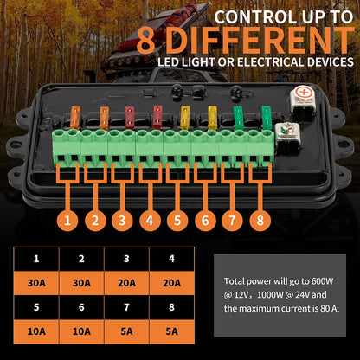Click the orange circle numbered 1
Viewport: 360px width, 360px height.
tap(67, 221)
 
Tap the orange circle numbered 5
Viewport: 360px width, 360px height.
tap(177, 221)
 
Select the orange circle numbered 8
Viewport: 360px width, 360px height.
tap(260, 221)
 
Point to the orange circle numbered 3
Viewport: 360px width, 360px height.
tap(122, 221)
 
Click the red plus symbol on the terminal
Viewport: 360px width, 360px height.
tap(303, 93)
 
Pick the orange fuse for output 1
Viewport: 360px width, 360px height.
tap(75, 118)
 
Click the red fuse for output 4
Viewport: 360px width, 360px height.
tap(157, 117)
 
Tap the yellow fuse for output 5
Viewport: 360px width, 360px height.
tap(184, 118)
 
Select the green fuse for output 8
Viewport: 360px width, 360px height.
tap(267, 118)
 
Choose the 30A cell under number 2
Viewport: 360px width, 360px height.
tap(81, 283)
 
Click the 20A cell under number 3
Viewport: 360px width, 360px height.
tap(126, 283)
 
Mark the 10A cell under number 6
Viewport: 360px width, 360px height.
tap(81, 331)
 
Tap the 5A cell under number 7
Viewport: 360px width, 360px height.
tap(126, 331)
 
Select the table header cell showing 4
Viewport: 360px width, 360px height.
tap(171, 259)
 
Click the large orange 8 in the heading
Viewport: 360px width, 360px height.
tap(147, 41)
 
